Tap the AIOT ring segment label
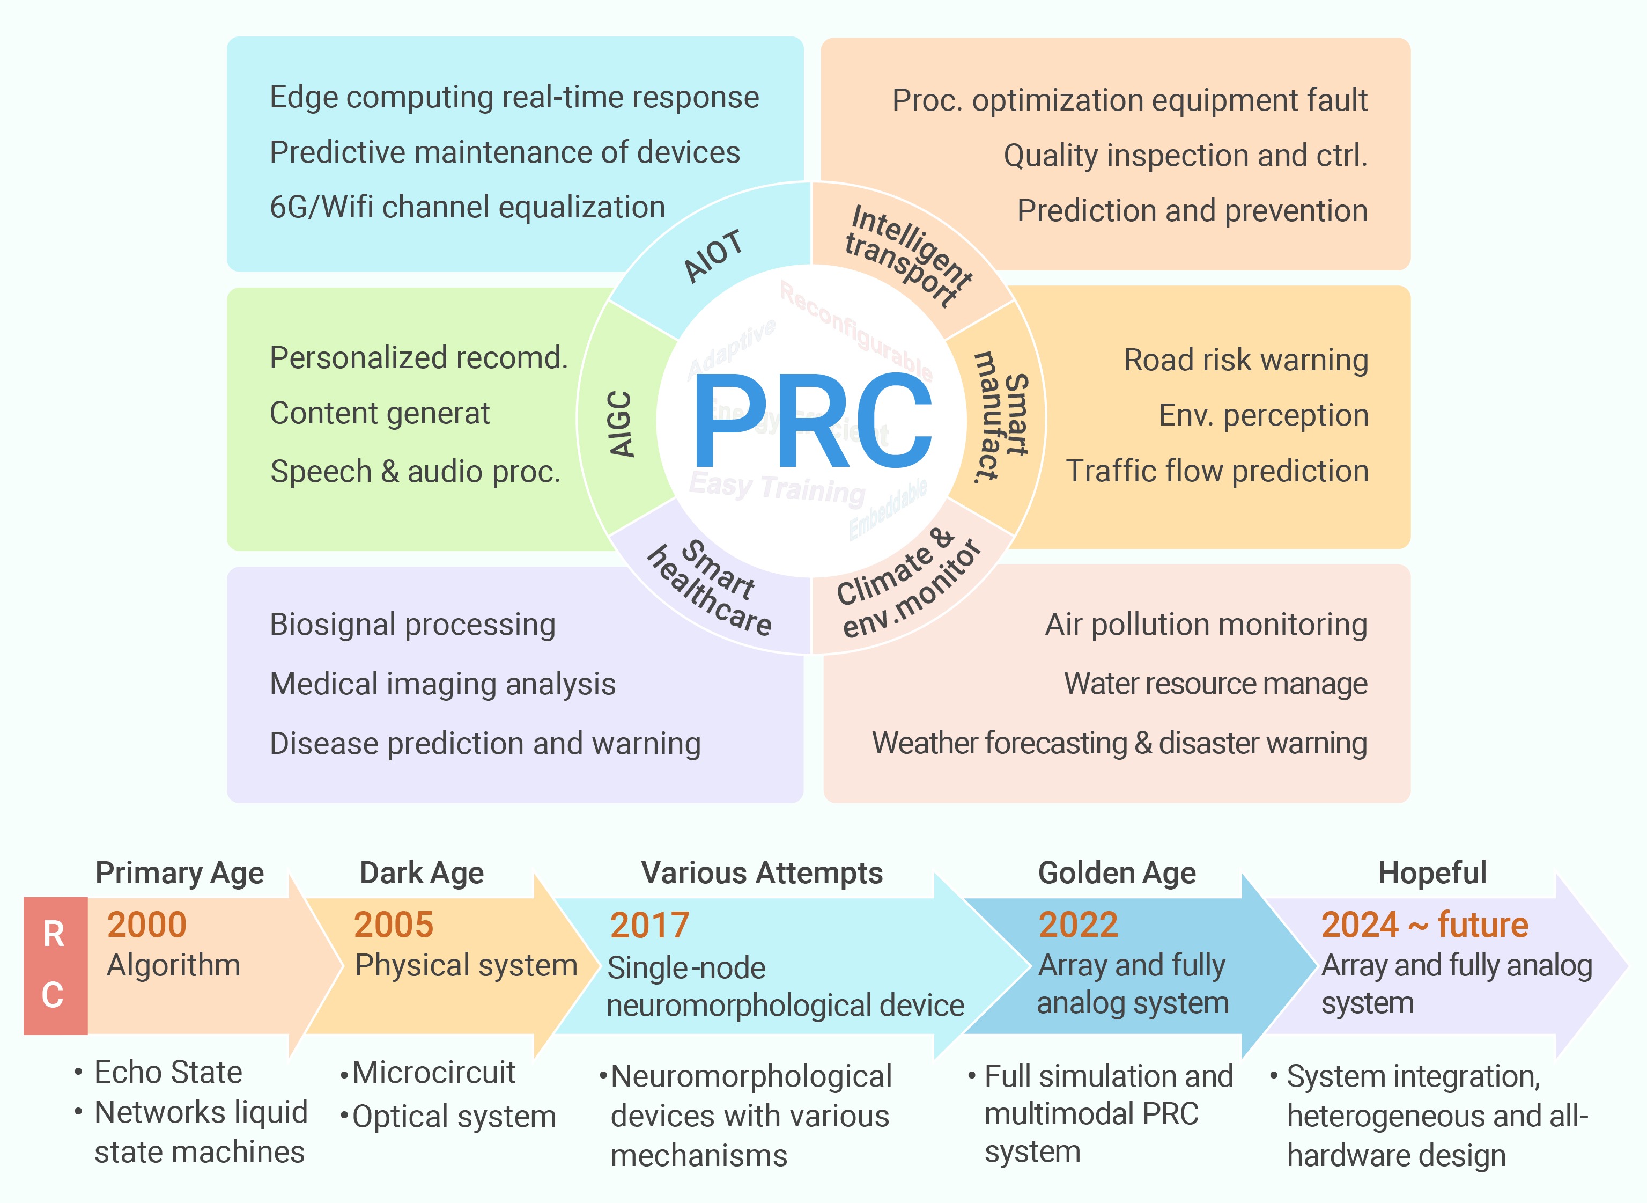point(713,255)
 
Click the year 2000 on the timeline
point(147,925)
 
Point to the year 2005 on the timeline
point(393,925)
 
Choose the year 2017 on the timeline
point(649,926)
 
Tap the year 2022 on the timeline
point(1078,925)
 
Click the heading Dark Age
point(422,872)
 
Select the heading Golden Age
point(1117,872)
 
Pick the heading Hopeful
point(1431,872)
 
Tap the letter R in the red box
point(54,934)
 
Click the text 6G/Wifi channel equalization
point(467,207)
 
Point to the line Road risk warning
point(1245,360)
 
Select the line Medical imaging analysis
point(442,684)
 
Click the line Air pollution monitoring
point(1206,624)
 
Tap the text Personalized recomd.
point(418,357)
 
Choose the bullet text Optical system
point(454,1116)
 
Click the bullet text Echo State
point(167,1072)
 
